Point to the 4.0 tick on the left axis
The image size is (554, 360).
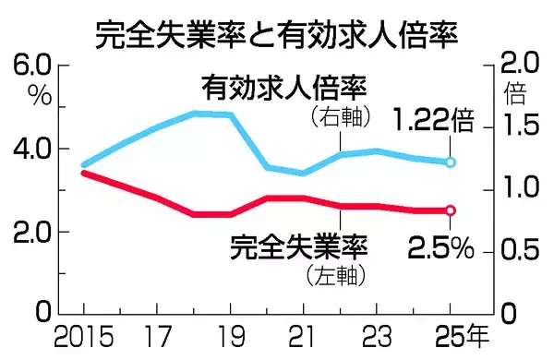34,149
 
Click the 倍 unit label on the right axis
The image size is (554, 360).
514,93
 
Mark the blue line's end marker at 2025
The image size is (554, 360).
450,162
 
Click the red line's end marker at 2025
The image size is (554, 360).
450,210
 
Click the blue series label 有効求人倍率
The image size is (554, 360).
285,90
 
